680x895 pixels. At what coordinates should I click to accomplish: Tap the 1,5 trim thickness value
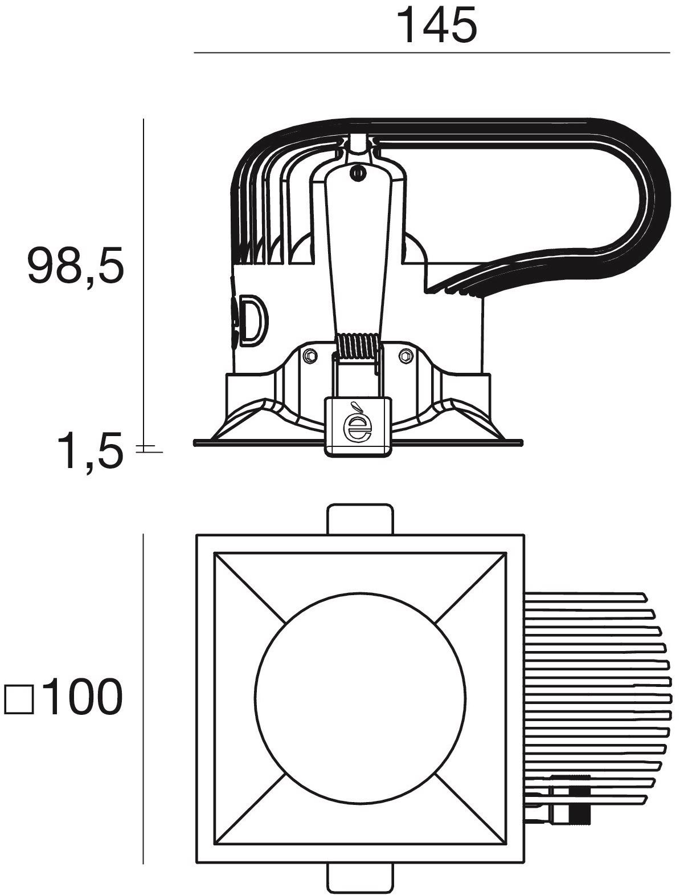click(90, 452)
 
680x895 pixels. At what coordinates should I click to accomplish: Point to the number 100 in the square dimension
click(81, 697)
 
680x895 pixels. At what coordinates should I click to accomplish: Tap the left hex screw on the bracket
click(310, 356)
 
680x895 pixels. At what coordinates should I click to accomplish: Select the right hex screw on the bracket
click(406, 356)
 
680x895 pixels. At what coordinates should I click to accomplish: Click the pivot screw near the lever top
click(358, 173)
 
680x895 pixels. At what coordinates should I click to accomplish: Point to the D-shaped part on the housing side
click(255, 320)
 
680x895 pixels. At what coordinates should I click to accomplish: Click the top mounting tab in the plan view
click(361, 519)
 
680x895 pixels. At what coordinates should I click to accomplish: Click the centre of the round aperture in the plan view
click(361, 698)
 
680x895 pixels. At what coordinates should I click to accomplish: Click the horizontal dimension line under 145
click(432, 53)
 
